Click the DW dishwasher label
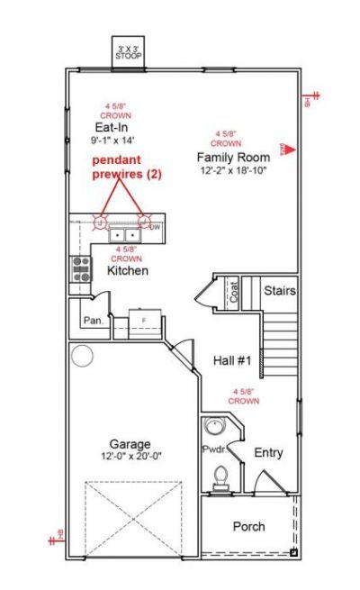pyautogui.click(x=155, y=227)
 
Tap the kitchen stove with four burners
pyautogui.click(x=80, y=267)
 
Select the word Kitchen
pyautogui.click(x=127, y=269)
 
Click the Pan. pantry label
pyautogui.click(x=91, y=320)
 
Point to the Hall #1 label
pyautogui.click(x=232, y=360)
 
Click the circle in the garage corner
pyautogui.click(x=83, y=356)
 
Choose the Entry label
pyautogui.click(x=268, y=452)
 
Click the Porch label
pyautogui.click(x=248, y=526)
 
